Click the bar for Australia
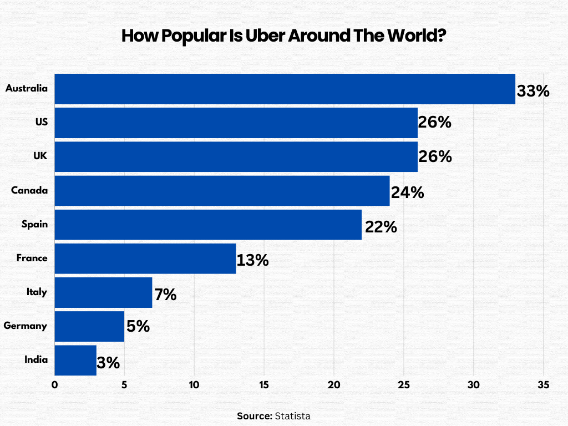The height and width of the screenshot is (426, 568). pos(285,89)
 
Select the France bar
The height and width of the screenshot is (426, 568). pos(145,258)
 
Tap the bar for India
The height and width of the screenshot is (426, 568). pos(75,360)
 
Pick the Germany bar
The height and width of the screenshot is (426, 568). pos(89,326)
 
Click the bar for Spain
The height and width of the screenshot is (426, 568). pos(208,225)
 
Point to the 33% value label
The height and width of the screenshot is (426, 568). pos(533,91)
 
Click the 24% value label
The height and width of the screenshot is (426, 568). pos(408,192)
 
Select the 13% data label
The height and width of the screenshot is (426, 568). pos(253,260)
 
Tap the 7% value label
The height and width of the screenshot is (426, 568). pos(165,295)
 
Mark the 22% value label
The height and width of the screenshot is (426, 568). pos(381,227)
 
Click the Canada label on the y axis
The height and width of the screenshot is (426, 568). pos(29,190)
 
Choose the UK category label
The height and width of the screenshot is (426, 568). pos(40,156)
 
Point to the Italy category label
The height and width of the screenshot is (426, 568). pos(37,292)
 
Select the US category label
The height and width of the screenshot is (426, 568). pos(40,123)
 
